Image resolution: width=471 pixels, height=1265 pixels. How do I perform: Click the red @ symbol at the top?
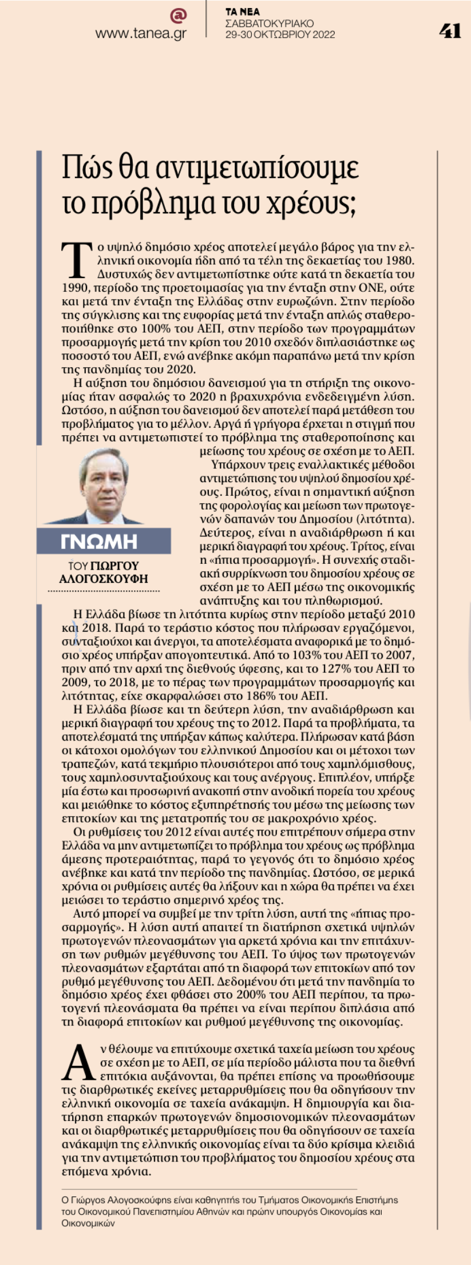tap(179, 15)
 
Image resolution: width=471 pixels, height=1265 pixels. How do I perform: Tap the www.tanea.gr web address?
tap(141, 34)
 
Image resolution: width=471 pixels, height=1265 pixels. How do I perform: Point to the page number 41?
tap(450, 31)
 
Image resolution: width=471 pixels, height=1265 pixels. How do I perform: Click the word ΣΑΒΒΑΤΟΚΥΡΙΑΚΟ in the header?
tap(270, 23)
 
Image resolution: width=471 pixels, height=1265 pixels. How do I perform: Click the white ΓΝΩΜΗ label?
tap(98, 542)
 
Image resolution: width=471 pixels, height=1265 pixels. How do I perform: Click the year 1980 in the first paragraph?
tap(399, 260)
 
